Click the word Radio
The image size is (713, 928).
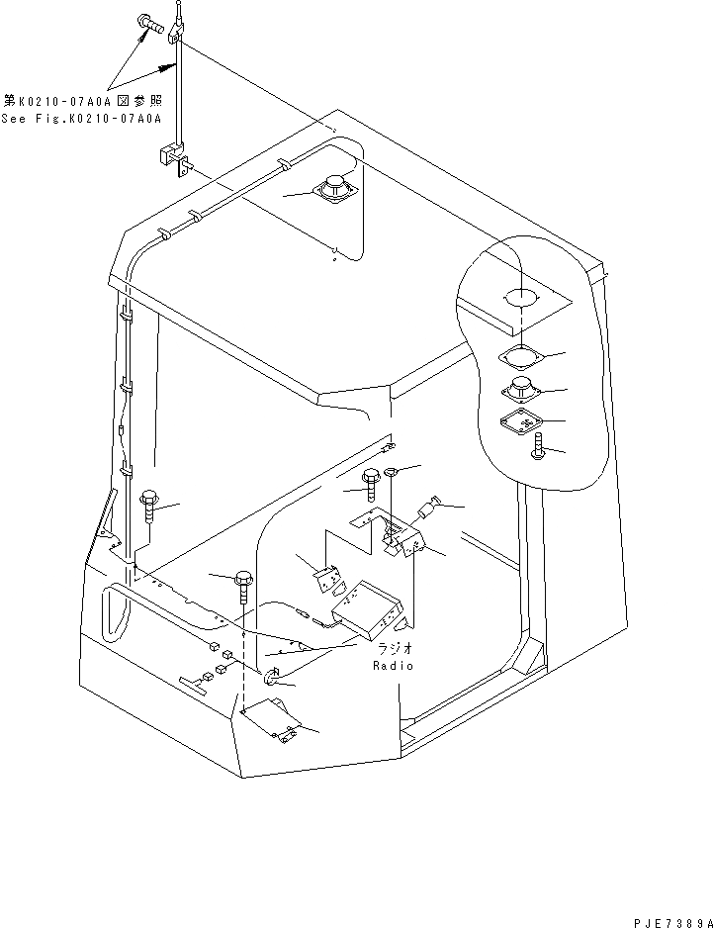point(393,666)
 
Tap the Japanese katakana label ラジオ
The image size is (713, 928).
point(394,647)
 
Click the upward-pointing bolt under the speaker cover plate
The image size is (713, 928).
point(538,448)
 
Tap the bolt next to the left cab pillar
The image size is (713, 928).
point(150,506)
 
